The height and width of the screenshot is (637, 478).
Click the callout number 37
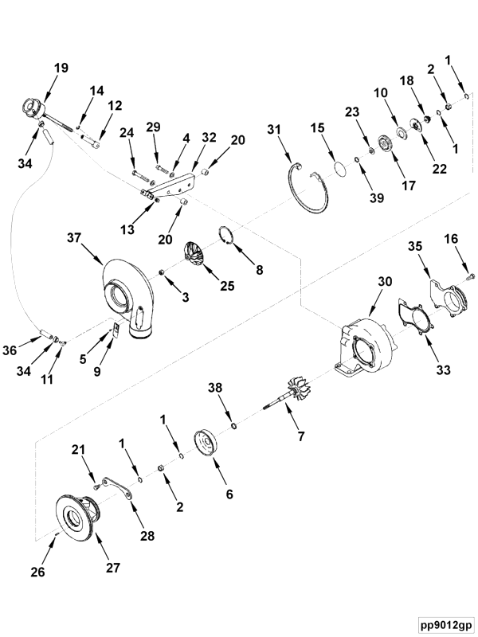click(74, 238)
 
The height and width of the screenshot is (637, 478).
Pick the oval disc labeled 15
click(339, 168)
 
